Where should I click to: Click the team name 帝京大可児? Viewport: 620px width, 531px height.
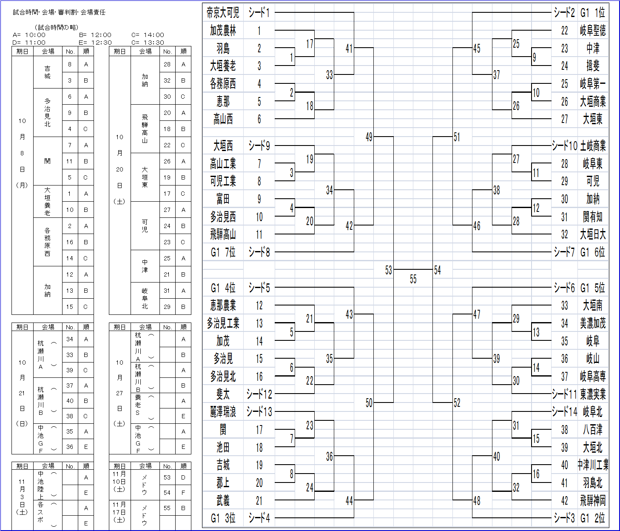[x=223, y=13]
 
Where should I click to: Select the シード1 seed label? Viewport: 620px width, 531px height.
[x=259, y=13]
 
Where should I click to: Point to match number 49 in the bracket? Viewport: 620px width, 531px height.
[x=369, y=137]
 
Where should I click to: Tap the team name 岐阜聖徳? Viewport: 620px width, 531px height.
[x=593, y=31]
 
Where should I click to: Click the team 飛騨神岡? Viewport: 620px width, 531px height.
[x=593, y=500]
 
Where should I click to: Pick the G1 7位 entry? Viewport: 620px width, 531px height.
[x=223, y=252]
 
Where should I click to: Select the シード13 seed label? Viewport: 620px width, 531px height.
[x=259, y=412]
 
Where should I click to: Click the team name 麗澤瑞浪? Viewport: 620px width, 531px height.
[x=223, y=412]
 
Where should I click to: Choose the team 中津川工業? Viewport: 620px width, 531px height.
[x=593, y=465]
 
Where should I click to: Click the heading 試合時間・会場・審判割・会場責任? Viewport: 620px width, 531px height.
[x=59, y=12]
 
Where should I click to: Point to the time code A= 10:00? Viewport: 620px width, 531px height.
[x=29, y=35]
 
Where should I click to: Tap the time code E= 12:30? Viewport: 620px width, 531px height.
[x=95, y=43]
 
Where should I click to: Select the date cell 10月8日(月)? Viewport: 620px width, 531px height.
[x=22, y=153]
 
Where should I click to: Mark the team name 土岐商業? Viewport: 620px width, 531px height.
[x=593, y=146]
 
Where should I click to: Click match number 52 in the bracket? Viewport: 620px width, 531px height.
[x=457, y=403]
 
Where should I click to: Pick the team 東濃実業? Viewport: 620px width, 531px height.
[x=593, y=394]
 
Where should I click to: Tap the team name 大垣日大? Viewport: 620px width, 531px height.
[x=593, y=234]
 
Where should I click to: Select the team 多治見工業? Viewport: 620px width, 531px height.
[x=223, y=323]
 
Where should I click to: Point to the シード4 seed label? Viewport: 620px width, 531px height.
[x=259, y=518]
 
